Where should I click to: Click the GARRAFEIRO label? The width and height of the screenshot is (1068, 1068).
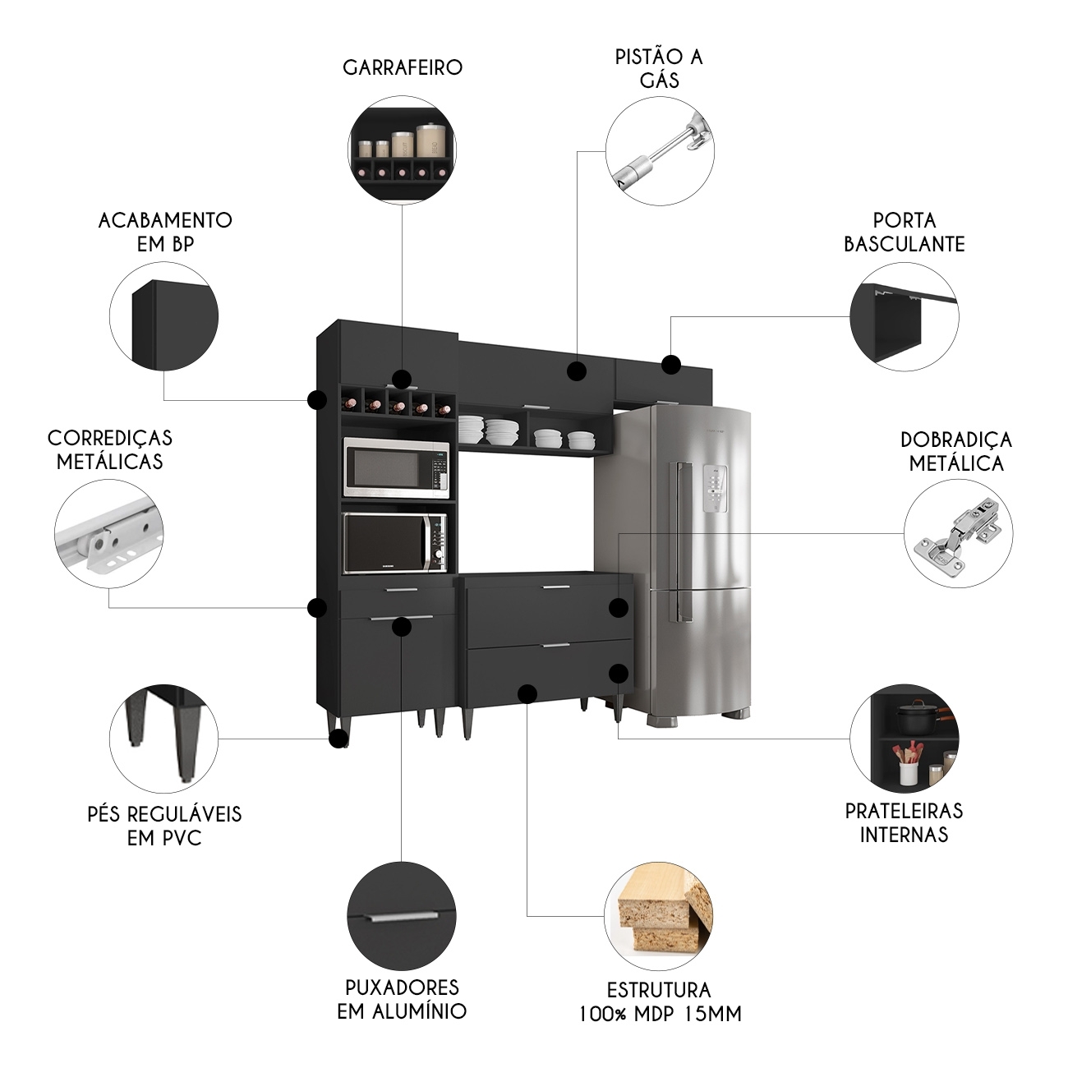403,67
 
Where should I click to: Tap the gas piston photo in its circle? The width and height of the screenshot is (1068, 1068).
660,151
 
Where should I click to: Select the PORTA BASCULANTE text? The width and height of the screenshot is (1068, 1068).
905,232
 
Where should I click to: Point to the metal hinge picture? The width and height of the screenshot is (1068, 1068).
958,534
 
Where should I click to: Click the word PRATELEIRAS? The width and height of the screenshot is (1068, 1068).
904,811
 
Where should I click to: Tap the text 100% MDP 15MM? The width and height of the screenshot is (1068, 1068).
660,1014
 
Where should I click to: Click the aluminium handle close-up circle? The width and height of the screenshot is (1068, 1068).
402,917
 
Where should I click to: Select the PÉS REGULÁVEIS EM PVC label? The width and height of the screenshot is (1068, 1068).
164,826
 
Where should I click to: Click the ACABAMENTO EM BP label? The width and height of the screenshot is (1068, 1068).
165,232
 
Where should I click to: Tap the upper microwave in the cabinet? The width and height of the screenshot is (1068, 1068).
396,467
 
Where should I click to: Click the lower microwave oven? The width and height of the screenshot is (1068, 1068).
394,543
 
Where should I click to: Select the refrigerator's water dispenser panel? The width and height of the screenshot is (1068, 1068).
716,490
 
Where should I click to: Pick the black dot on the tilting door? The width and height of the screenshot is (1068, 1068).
671,365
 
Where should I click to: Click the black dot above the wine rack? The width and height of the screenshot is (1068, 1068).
401,379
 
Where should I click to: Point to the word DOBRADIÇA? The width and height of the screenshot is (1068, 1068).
956,440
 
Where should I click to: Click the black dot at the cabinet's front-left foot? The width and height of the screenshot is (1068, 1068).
338,739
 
